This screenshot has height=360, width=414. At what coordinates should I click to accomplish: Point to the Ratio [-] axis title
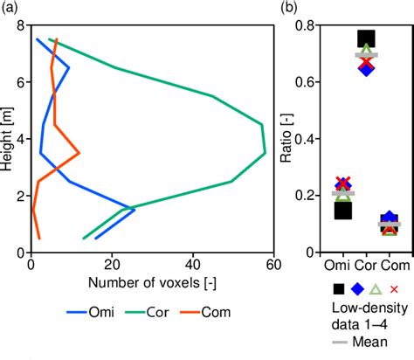coord(286,140)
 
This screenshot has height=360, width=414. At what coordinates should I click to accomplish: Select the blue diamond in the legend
coord(357,289)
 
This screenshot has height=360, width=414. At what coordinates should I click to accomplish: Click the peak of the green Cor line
coord(266,154)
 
